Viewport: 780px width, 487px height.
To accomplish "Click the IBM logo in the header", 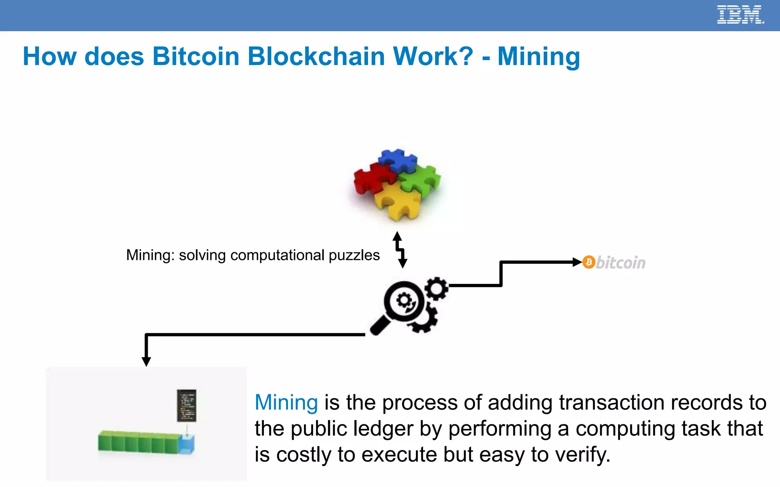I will [x=740, y=15].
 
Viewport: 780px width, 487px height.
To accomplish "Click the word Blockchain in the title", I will [x=316, y=57].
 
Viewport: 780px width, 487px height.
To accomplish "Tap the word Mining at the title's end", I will [x=539, y=57].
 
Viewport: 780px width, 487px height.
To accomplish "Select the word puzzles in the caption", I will [x=354, y=255].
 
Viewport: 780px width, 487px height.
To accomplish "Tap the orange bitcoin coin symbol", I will [x=589, y=262].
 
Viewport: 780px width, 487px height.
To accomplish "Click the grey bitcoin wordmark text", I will [x=621, y=263].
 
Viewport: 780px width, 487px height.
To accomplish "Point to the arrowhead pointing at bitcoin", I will [x=577, y=262].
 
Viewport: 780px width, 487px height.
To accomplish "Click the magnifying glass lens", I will [x=404, y=302].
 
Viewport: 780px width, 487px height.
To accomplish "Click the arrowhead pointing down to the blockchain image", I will [x=146, y=361].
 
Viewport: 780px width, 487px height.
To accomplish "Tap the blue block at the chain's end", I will [x=187, y=445].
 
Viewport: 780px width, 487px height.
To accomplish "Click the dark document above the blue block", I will [x=187, y=405].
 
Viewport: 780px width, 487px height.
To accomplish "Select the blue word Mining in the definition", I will [x=286, y=403].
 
